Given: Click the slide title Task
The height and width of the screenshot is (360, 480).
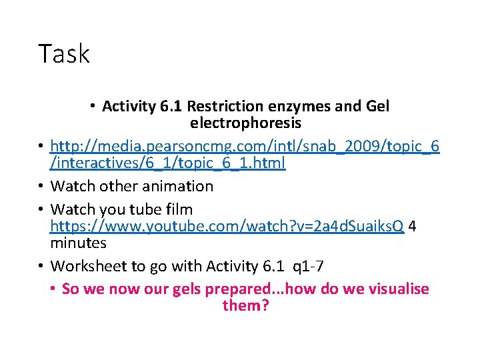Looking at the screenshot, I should (64, 53).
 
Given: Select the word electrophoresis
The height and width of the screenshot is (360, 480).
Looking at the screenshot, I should (245, 123).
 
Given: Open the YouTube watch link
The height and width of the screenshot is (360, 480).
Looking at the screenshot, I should (227, 226).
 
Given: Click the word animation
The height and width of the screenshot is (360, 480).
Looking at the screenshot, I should (182, 186).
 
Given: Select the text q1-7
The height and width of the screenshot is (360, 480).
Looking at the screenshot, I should (310, 266).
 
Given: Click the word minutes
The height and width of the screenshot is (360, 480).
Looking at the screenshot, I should (78, 243).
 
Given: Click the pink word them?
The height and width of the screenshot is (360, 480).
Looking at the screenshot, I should (245, 306).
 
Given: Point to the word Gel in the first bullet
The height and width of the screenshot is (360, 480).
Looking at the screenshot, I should (378, 107).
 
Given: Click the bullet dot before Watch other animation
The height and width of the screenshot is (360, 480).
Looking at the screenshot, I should (41, 186).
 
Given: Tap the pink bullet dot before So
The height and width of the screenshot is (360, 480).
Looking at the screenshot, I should (53, 289).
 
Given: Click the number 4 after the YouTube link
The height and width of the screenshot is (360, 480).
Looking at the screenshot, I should (413, 226).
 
